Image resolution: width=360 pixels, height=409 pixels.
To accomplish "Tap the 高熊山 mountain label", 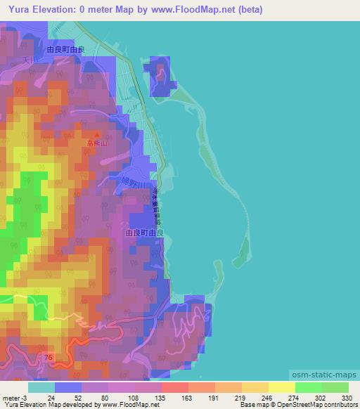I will [x=96, y=142].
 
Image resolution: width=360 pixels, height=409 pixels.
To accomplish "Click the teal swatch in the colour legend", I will [x=41, y=387].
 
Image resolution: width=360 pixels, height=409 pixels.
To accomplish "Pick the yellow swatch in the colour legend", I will [x=282, y=387].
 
